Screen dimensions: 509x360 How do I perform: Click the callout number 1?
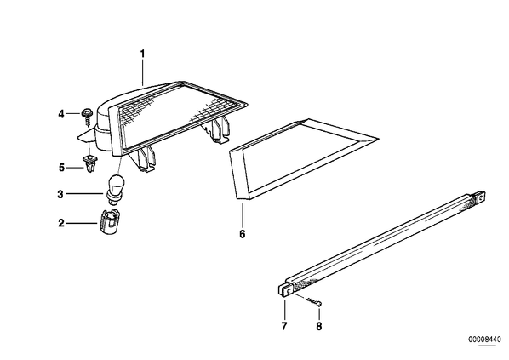coord(142,54)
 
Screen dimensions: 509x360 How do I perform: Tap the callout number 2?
coord(61,223)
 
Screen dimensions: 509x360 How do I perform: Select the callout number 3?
coord(60,194)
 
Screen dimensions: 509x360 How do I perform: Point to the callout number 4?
coord(61,114)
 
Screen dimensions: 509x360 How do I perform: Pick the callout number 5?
coord(61,168)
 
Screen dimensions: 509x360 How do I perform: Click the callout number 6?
coord(243,234)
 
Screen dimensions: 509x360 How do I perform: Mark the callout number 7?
coord(284,326)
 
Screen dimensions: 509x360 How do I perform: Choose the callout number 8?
coord(319,326)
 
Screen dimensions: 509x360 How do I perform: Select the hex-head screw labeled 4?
coord(87,117)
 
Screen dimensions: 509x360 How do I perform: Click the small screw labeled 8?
coord(314,301)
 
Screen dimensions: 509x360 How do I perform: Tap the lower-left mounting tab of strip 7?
coord(286,289)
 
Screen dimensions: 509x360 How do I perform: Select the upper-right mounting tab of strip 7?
coord(480,197)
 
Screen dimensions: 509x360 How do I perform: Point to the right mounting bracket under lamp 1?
coord(216,129)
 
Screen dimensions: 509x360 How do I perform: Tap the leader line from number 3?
coord(84,194)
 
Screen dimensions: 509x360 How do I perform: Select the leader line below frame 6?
coord(243,214)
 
